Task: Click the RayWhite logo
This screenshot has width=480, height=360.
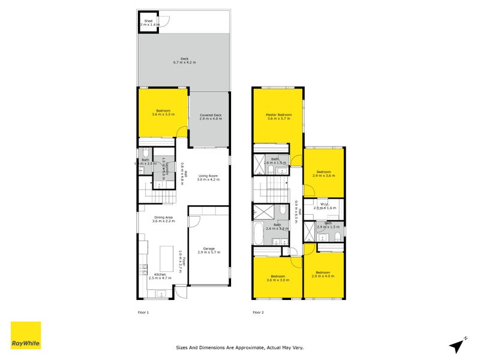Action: click(26, 335)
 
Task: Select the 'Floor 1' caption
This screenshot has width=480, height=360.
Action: click(143, 312)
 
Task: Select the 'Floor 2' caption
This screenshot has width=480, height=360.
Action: click(258, 312)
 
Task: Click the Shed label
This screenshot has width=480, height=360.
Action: click(148, 23)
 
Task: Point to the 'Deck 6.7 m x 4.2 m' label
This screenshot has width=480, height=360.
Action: click(184, 61)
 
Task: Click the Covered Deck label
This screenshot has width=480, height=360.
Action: click(211, 116)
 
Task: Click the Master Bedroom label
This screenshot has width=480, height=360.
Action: click(279, 116)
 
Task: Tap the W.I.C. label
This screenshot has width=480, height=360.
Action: click(325, 205)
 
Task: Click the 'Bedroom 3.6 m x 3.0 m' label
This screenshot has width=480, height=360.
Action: click(277, 278)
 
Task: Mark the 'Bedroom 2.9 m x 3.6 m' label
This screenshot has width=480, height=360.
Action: click(324, 174)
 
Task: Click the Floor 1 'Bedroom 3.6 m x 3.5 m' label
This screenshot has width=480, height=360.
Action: click(163, 112)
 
